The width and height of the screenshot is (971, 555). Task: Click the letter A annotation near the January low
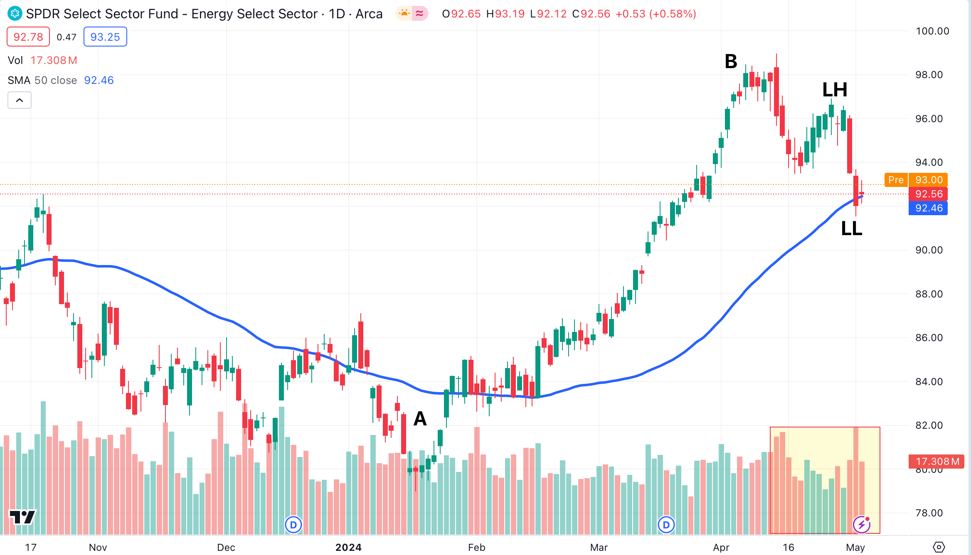point(420,418)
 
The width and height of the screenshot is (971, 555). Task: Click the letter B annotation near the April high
point(731,61)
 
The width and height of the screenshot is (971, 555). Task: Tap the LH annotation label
point(835,90)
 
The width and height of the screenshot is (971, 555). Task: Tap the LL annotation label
point(851,228)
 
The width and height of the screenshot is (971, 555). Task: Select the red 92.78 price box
point(28,37)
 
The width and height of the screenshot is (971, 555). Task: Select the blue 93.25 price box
point(105,37)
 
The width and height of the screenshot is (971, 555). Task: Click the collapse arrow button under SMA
point(20,100)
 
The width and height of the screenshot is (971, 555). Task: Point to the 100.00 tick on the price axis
point(932,31)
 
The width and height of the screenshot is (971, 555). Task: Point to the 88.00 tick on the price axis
point(929,294)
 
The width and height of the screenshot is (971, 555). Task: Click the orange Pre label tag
point(896,180)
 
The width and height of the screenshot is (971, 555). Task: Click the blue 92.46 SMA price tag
point(929,208)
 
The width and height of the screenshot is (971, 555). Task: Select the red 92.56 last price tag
point(929,194)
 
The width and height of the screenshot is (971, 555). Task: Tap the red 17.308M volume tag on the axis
point(937,462)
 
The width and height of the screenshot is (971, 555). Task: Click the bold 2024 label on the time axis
point(348,548)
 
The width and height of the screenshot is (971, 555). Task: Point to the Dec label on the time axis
point(226,548)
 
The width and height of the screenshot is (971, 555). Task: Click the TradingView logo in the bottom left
point(22,517)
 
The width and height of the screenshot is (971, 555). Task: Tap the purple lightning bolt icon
point(862,525)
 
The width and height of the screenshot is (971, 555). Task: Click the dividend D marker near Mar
point(666,525)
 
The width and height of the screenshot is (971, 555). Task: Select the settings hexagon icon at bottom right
point(939,547)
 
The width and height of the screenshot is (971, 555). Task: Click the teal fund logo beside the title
point(15,14)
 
